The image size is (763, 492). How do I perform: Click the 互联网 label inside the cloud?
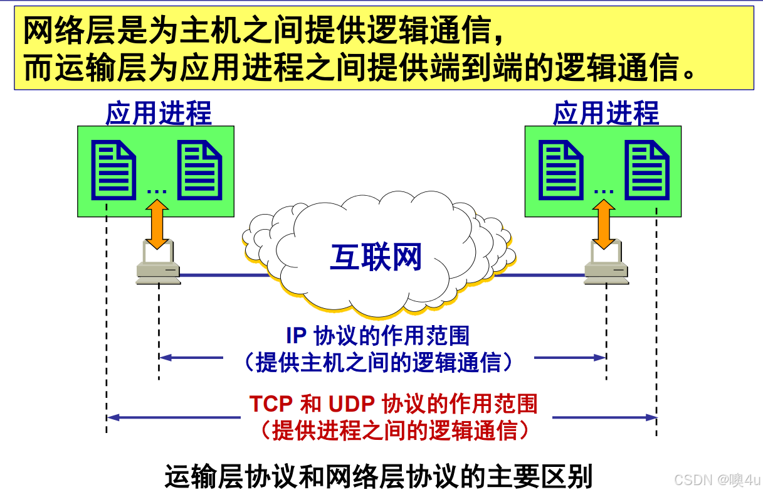point(376,257)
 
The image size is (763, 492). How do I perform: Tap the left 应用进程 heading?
point(159,114)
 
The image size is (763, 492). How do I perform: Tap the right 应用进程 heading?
point(606,114)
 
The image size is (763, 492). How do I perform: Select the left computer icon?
point(158,264)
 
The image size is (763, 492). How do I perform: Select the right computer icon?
point(606,264)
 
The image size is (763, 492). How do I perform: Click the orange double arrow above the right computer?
point(604,224)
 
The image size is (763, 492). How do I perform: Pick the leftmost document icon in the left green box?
point(113,170)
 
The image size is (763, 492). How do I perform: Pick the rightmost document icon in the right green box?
point(648,170)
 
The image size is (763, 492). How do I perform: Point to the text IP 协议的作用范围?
point(377,336)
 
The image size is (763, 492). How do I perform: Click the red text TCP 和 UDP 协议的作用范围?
point(393,404)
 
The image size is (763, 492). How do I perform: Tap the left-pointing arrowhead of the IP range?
point(164,358)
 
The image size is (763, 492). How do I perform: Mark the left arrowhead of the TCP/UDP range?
point(112,417)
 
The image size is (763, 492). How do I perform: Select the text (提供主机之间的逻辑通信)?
point(379,363)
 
